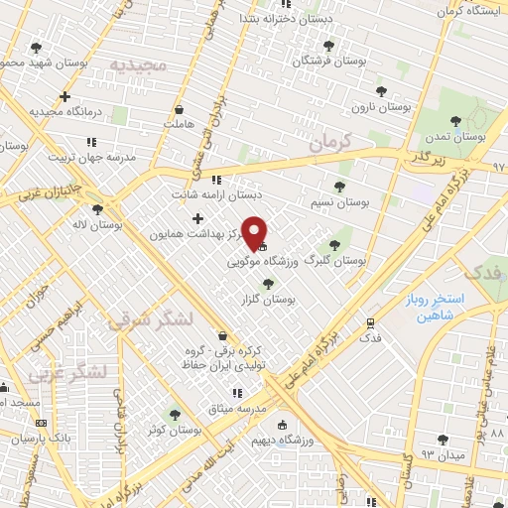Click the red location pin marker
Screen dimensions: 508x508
pyautogui.click(x=256, y=233)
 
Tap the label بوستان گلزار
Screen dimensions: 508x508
pyautogui.click(x=271, y=298)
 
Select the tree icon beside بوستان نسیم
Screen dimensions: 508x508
pyautogui.click(x=339, y=186)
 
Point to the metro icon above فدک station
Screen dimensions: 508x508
pyautogui.click(x=370, y=323)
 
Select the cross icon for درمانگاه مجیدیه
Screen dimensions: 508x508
pyautogui.click(x=65, y=97)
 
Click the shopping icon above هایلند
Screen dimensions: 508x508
pyautogui.click(x=179, y=110)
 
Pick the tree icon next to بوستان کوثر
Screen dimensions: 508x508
pyautogui.click(x=175, y=416)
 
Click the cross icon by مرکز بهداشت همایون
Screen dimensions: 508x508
pyautogui.click(x=197, y=218)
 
